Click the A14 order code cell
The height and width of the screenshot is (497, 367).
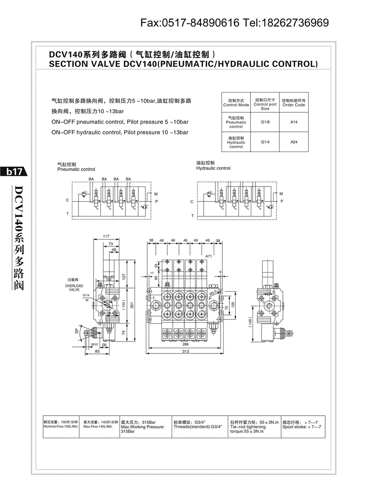point(294,122)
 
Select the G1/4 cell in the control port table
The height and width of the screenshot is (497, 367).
point(265,142)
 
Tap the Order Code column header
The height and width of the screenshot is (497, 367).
point(294,102)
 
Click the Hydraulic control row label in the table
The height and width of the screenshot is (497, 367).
point(236,142)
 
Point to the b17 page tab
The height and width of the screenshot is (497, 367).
point(14,172)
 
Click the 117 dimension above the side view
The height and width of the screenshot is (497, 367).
point(106,236)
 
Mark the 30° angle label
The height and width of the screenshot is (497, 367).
point(76,330)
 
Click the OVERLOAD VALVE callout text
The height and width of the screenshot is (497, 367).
point(75,287)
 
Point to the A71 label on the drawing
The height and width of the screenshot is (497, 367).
point(209,256)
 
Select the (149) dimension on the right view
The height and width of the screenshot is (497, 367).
point(250,322)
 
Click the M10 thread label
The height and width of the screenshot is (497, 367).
point(95,344)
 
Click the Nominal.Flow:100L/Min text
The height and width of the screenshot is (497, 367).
point(61,426)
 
